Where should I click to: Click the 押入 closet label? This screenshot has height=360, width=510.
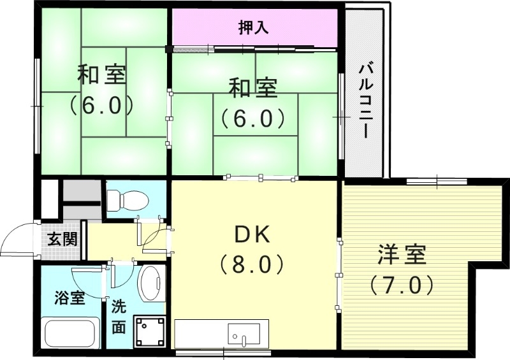point(254,27)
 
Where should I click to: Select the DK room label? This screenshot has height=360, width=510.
point(254,235)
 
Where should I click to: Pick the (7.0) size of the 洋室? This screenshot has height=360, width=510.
point(402,284)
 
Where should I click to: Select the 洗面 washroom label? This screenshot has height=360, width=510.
point(119,316)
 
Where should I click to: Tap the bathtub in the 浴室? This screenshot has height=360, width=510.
point(70,333)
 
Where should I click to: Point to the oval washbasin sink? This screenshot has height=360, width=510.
point(150,283)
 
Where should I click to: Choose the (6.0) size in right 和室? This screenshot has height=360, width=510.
point(252,118)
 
